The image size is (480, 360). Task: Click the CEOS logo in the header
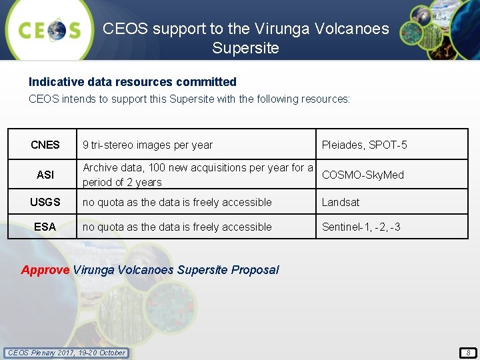[49, 30]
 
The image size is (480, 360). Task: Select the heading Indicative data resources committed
[132, 82]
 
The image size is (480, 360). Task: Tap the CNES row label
[45, 145]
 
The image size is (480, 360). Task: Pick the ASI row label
[45, 175]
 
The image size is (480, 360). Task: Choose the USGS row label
[45, 202]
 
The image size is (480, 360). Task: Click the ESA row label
[45, 227]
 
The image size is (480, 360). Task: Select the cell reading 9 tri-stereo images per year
[147, 145]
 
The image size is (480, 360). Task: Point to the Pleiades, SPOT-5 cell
[364, 145]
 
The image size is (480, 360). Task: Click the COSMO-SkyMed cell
[363, 175]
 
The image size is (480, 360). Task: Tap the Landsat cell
[341, 202]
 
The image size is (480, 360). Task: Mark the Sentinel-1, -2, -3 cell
[361, 227]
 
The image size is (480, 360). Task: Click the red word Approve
[45, 270]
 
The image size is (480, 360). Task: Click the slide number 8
[467, 353]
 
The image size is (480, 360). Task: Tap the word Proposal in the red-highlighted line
[255, 270]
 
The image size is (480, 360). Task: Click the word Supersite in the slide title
[245, 48]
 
